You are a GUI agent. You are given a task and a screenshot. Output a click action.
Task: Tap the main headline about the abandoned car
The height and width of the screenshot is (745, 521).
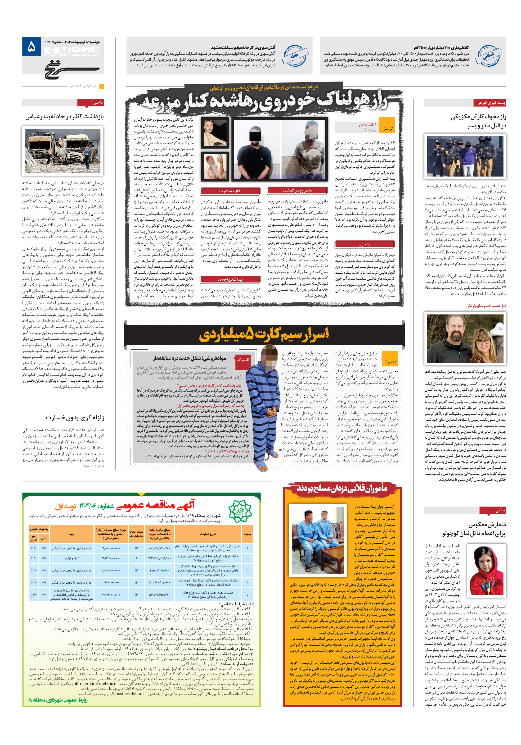click(264, 101)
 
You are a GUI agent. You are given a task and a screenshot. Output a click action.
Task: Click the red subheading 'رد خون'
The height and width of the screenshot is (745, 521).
click(364, 244)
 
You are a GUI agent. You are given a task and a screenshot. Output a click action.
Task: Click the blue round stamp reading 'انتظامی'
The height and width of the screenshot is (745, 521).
click(489, 55)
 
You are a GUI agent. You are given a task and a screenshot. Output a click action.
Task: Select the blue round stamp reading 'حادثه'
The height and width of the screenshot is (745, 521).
click(295, 55)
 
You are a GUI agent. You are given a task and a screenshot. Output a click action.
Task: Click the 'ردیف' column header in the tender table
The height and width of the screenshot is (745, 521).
click(247, 534)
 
